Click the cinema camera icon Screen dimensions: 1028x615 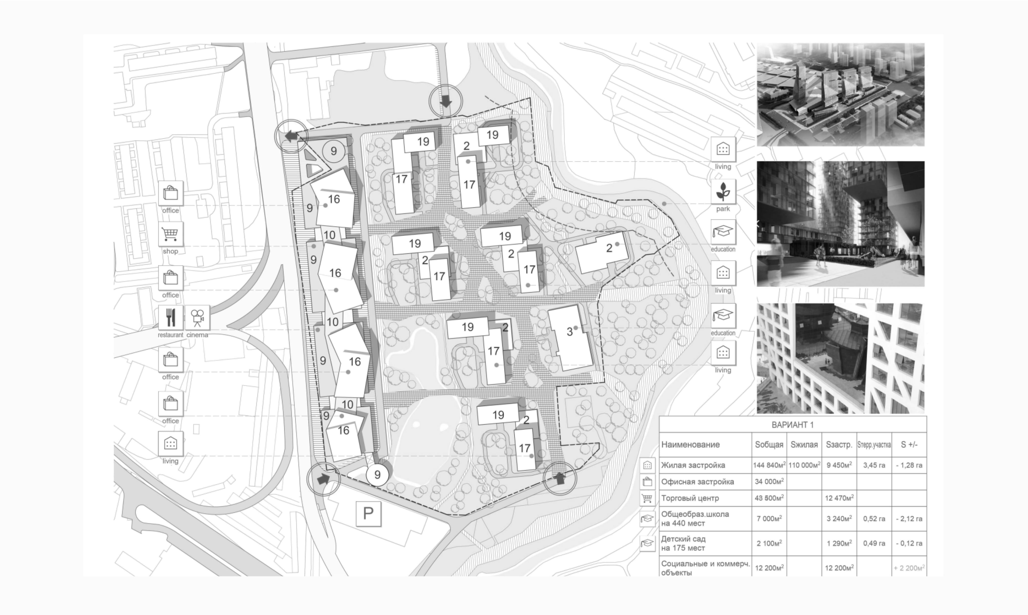tap(197, 318)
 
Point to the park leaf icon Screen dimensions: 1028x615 tap(723, 192)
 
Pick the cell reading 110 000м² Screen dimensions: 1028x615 tap(804, 465)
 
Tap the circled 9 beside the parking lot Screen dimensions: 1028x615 tap(377, 475)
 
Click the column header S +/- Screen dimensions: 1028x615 tap(909, 445)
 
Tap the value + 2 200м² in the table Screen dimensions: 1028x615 tap(909, 568)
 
